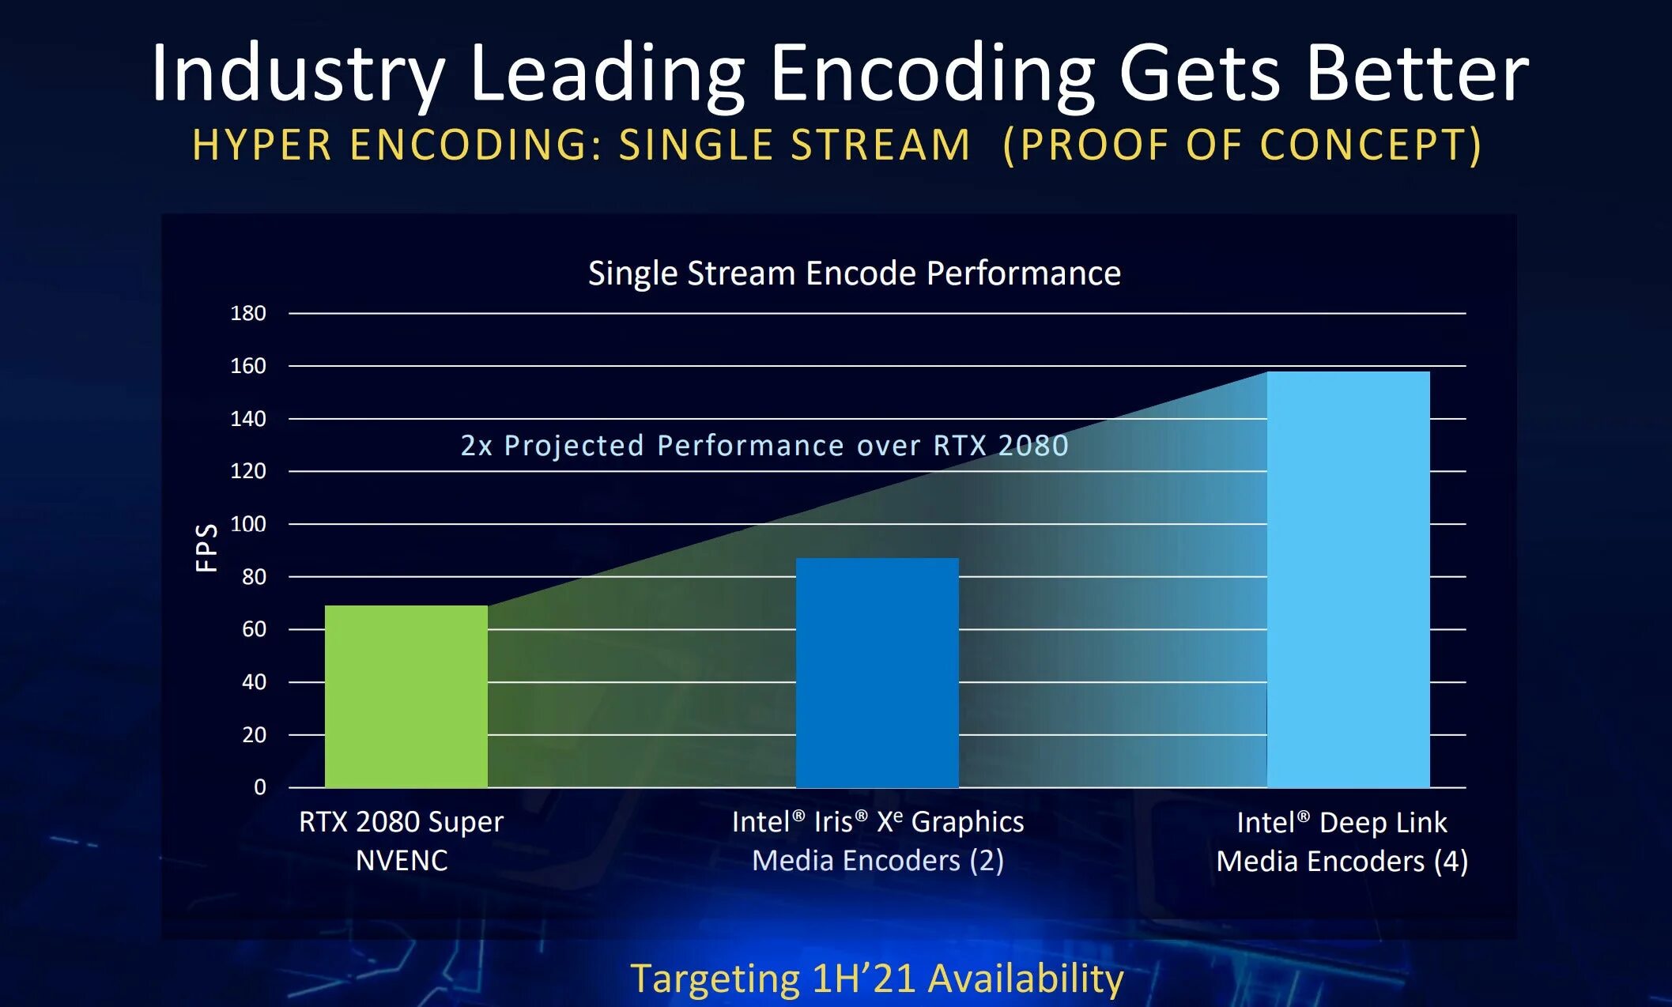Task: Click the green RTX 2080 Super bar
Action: [x=406, y=696]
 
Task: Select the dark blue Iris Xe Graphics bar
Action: [x=877, y=673]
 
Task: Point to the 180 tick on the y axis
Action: [x=247, y=313]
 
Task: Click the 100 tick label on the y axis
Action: [x=247, y=524]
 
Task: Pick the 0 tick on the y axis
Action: [x=259, y=787]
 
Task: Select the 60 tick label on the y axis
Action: [x=254, y=629]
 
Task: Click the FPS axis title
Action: [x=206, y=547]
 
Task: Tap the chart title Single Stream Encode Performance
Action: [x=854, y=273]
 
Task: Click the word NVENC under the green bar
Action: [x=402, y=860]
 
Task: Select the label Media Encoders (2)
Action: [x=878, y=860]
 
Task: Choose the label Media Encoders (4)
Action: [x=1342, y=861]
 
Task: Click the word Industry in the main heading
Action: [x=297, y=74]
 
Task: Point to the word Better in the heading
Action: [x=1417, y=74]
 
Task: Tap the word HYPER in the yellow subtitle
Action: [x=262, y=145]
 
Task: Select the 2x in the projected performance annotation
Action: [x=477, y=446]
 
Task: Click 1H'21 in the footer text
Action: [x=864, y=979]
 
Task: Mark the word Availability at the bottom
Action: [x=1025, y=979]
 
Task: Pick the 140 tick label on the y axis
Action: [x=247, y=419]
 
